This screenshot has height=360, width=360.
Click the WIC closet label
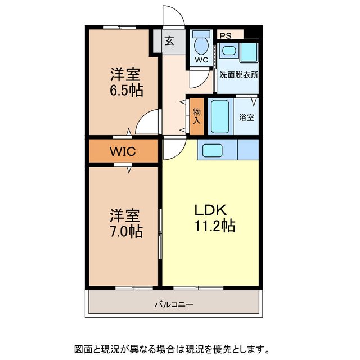123,151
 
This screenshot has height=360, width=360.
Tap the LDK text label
211,210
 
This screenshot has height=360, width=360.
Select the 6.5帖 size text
126,91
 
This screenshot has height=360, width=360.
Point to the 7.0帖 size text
126,231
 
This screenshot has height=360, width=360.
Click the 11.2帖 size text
215,226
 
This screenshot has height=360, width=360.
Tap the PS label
226,36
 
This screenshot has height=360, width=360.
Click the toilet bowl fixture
201,44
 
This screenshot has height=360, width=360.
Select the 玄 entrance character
169,41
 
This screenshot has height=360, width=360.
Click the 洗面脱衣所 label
238,75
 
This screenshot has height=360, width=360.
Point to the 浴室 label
246,118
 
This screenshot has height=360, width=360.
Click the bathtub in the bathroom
220,116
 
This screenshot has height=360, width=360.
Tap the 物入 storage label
196,116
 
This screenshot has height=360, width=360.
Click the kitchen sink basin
213,151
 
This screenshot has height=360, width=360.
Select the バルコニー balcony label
174,305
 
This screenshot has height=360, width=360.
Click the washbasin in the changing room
229,51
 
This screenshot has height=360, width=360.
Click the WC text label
201,60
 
